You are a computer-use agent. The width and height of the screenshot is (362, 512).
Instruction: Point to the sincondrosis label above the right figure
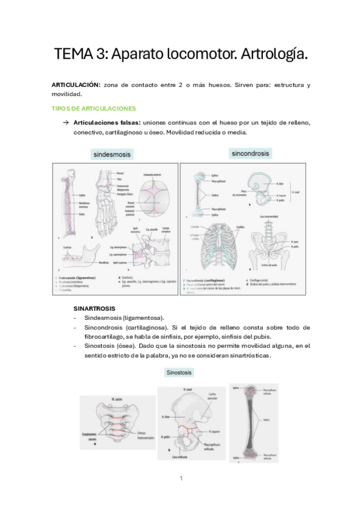(251, 154)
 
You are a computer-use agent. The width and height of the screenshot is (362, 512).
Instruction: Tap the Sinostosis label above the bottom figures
(179, 373)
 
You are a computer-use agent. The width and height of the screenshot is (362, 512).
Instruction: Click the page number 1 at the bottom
(181, 478)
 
